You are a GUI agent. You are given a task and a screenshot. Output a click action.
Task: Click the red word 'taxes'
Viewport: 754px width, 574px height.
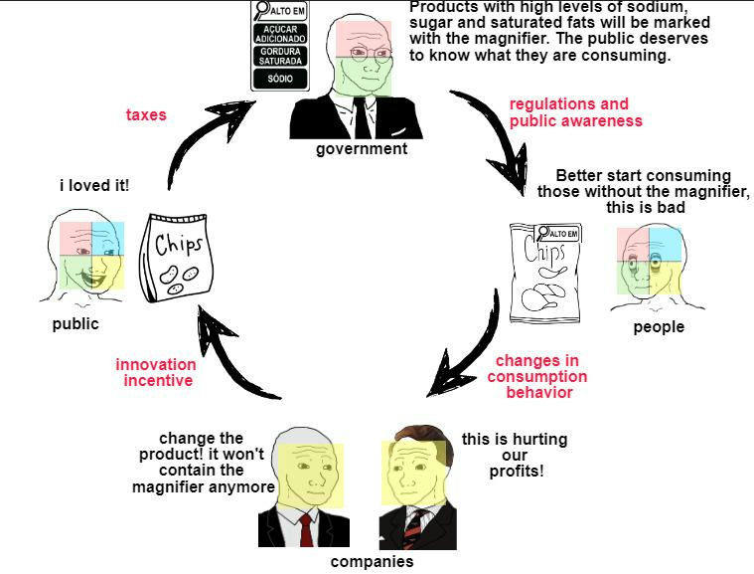click(146, 114)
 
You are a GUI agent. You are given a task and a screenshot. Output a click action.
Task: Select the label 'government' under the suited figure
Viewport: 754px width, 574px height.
click(362, 149)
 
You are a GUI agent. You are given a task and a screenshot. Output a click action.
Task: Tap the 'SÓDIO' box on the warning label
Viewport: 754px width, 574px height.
click(280, 79)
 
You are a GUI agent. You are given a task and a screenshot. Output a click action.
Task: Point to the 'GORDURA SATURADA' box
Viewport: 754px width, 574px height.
click(280, 56)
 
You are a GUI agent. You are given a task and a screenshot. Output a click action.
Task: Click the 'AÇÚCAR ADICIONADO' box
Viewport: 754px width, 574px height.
click(280, 34)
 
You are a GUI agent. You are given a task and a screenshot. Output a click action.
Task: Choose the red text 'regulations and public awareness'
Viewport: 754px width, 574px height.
click(575, 112)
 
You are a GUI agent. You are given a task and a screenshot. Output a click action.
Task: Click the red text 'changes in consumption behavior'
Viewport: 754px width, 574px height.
click(537, 377)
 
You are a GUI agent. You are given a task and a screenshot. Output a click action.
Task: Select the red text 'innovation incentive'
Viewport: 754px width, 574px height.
click(156, 372)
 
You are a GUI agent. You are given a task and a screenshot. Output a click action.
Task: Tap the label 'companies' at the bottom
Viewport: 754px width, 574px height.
click(373, 561)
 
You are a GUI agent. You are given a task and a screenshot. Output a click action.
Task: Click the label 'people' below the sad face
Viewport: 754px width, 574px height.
click(659, 327)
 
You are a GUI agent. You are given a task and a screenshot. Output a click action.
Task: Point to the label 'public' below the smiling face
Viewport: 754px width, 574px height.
click(75, 324)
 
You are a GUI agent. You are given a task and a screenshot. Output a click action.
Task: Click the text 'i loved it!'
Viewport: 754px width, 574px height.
click(94, 185)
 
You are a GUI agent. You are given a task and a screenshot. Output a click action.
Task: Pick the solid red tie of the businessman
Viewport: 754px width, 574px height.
click(306, 530)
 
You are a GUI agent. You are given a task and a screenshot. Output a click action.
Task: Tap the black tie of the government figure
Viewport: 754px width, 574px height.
click(362, 118)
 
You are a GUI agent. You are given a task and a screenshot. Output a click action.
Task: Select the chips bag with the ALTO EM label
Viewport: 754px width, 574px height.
click(545, 274)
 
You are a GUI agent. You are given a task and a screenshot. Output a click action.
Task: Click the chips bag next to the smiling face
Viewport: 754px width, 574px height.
click(177, 258)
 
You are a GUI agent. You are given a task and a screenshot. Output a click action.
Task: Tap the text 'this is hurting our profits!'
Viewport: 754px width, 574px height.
click(515, 455)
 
